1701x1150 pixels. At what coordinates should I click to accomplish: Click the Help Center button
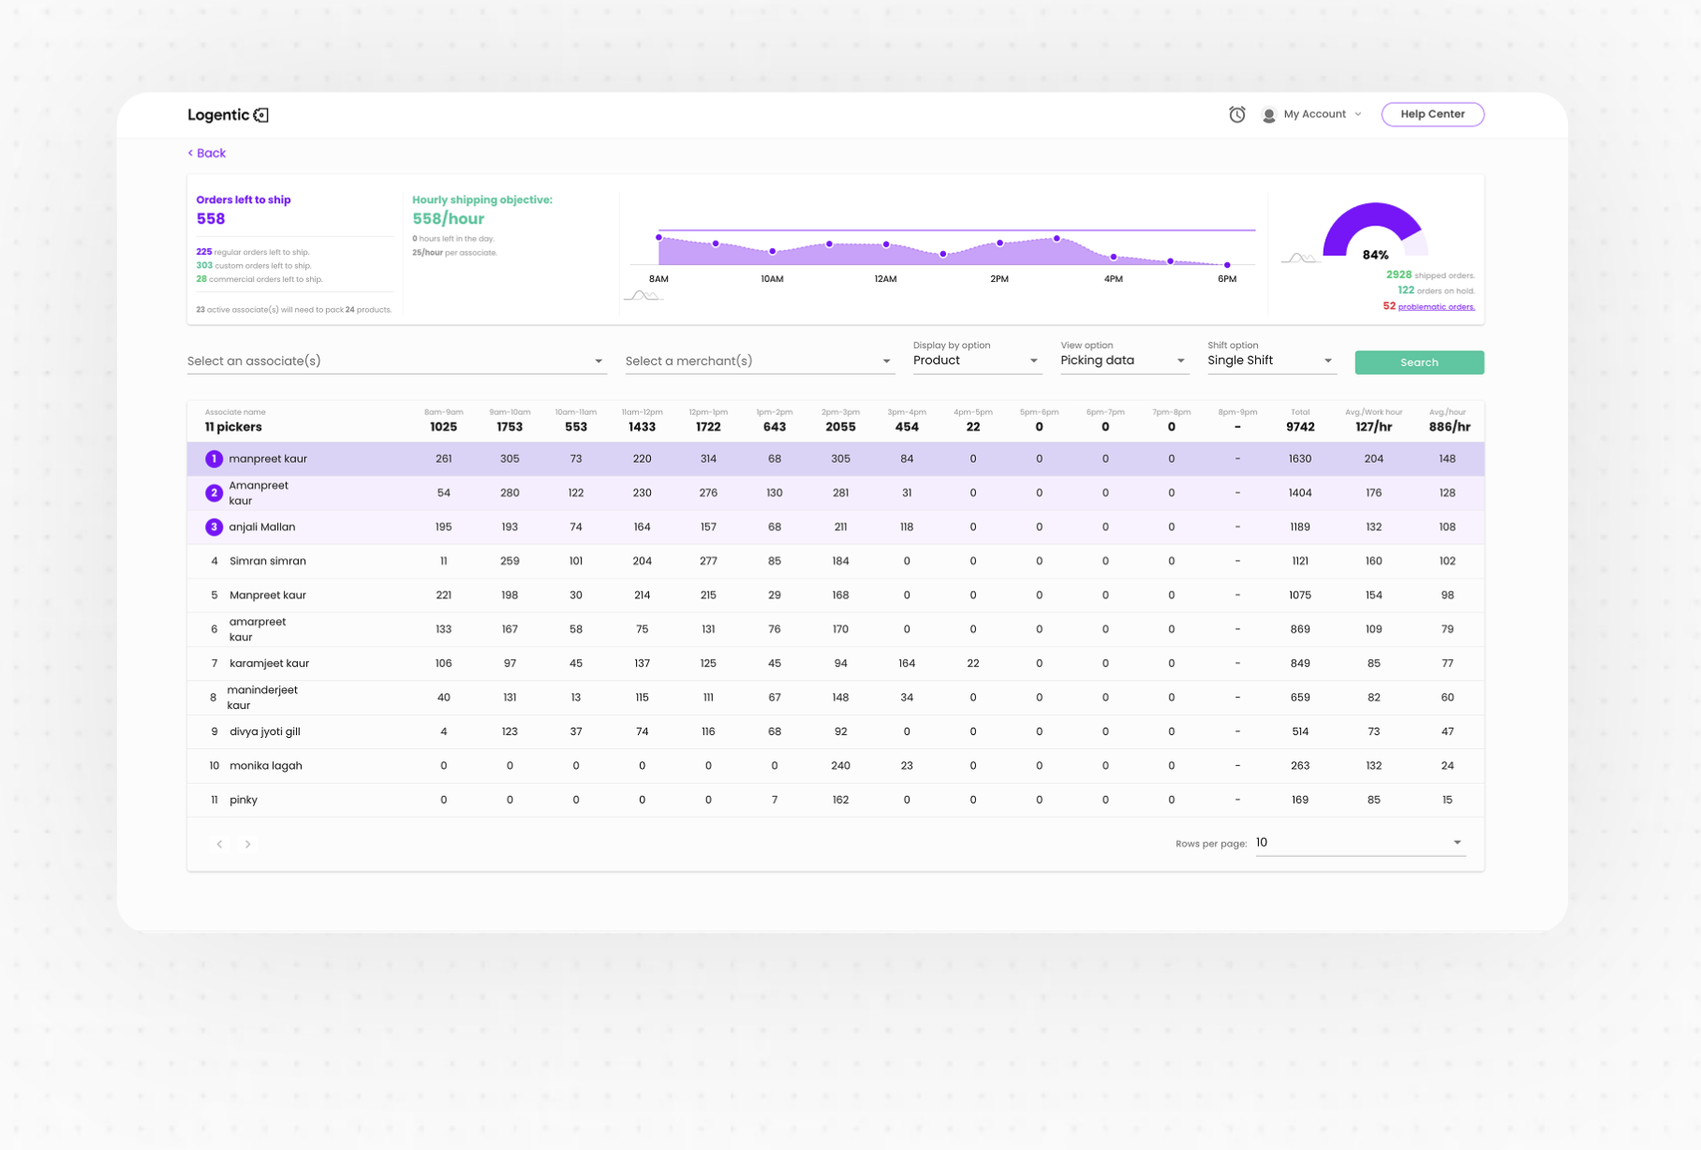click(1431, 114)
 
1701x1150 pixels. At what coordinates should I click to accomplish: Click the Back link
click(207, 154)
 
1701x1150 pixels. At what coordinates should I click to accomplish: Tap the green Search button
click(1418, 362)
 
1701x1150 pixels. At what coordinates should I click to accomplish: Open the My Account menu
click(1313, 114)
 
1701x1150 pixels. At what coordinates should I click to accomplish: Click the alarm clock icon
click(1236, 114)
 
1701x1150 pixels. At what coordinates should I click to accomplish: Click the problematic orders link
click(1436, 307)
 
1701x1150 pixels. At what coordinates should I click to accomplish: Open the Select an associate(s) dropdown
click(396, 361)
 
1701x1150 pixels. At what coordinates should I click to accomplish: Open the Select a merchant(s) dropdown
click(759, 361)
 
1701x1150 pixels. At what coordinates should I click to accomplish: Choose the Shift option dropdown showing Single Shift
click(1269, 361)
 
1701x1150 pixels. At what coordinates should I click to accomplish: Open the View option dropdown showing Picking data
click(1123, 361)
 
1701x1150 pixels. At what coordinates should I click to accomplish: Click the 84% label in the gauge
click(1375, 255)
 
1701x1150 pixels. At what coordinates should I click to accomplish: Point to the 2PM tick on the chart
click(999, 279)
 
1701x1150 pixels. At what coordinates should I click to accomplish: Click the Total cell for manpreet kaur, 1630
click(1299, 459)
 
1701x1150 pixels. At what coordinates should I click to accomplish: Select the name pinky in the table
click(244, 800)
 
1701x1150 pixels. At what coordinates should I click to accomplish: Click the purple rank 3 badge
click(214, 527)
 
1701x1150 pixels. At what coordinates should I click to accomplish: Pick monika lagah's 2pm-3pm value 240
click(840, 766)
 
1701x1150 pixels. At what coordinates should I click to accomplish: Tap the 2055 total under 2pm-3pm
click(840, 427)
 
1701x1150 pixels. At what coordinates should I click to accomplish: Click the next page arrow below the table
click(247, 844)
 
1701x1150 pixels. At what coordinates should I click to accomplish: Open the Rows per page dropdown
click(1358, 843)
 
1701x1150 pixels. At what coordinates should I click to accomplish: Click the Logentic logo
click(228, 115)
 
